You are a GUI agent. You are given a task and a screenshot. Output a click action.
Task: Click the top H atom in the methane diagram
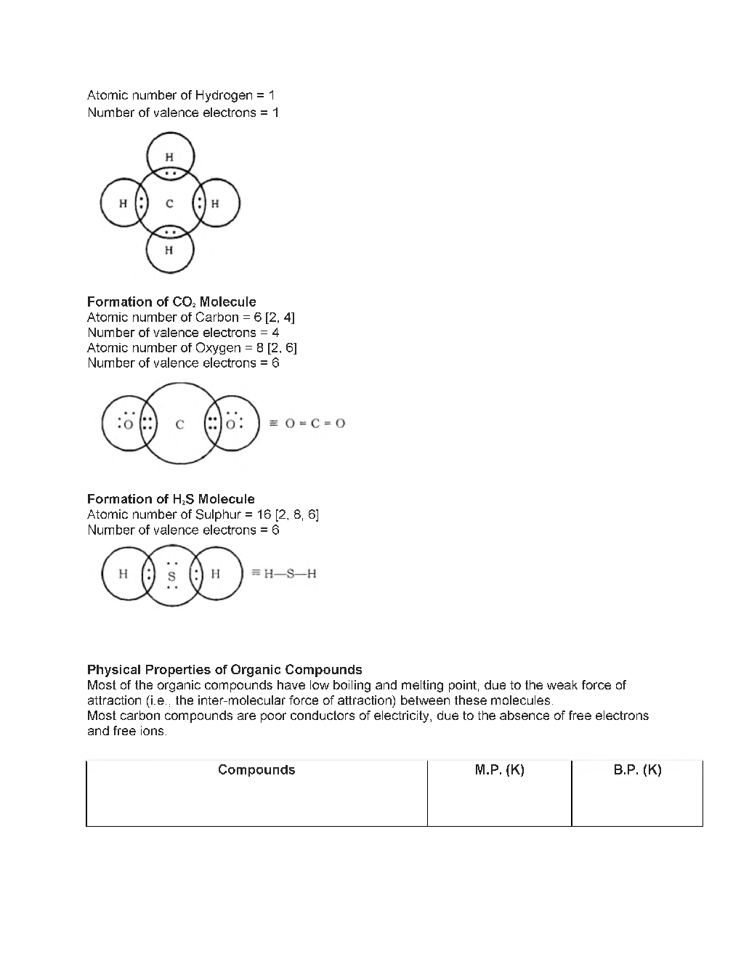click(x=169, y=156)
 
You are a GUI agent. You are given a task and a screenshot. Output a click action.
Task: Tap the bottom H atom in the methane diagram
click(x=169, y=251)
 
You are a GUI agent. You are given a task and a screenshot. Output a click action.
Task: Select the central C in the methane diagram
click(x=169, y=204)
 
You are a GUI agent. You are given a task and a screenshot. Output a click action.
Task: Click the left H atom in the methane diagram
click(x=123, y=204)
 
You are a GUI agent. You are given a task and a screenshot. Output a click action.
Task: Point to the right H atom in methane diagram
click(x=215, y=204)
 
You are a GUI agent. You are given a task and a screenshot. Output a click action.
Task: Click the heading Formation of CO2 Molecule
click(x=171, y=302)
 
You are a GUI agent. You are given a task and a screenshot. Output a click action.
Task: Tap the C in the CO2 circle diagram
click(x=179, y=424)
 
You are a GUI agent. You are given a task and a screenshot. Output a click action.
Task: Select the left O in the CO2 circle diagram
click(x=128, y=424)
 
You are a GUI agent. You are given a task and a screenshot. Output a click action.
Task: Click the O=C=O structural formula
click(x=315, y=424)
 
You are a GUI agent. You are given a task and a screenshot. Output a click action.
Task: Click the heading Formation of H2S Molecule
click(x=171, y=499)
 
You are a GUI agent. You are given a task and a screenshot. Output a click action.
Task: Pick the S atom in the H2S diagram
click(x=171, y=577)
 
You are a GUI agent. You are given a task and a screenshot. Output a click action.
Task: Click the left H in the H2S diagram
click(x=123, y=574)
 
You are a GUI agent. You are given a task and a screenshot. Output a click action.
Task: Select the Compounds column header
click(x=256, y=770)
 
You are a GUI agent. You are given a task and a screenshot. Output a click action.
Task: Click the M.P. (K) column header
click(x=499, y=770)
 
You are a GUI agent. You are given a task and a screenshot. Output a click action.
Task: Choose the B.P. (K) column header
click(x=637, y=770)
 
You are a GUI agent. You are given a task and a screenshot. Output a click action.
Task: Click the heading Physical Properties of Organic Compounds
click(x=224, y=670)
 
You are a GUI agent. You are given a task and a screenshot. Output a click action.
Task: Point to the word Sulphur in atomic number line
click(x=218, y=515)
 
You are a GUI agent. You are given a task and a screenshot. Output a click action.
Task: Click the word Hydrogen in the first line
click(x=224, y=95)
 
